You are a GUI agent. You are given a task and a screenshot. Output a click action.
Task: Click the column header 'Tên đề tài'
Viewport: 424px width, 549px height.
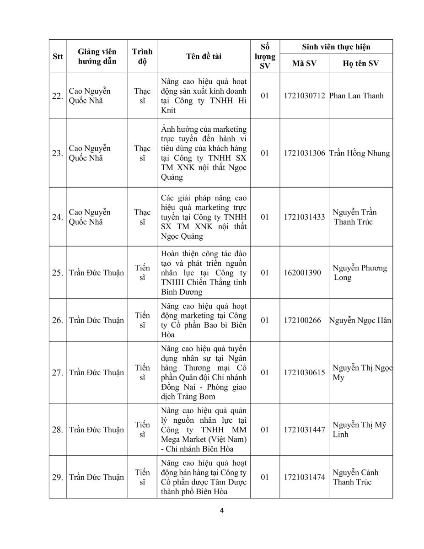coord(204,56)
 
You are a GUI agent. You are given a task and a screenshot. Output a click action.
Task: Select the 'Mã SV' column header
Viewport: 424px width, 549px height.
coord(304,64)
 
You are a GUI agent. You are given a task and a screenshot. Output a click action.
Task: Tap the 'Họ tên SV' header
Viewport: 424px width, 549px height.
coord(360,64)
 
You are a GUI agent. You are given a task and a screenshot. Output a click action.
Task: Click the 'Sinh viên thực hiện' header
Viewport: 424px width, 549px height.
coord(336,47)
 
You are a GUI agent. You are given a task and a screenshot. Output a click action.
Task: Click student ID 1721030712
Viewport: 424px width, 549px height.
coord(304,96)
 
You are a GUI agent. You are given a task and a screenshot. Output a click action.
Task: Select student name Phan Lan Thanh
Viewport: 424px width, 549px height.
coord(356,96)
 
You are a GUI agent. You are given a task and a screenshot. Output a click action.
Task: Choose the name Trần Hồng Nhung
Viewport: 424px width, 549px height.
coord(360,153)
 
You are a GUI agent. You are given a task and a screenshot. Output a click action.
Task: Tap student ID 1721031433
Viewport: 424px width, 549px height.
coord(304,217)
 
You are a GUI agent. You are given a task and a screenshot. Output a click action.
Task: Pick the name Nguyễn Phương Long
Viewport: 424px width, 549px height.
coord(360,273)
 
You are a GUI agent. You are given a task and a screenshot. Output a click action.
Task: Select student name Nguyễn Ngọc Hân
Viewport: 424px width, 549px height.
coord(360,320)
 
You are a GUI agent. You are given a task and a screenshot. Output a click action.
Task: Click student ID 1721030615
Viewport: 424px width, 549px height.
coord(304,373)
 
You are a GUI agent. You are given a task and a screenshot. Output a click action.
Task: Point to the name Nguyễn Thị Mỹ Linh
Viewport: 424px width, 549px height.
coord(360,430)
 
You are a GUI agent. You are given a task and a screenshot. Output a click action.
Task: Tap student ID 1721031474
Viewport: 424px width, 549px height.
coord(304,477)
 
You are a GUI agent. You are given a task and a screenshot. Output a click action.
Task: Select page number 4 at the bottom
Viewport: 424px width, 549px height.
coord(221,511)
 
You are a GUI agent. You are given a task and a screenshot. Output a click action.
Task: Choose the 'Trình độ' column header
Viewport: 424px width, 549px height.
coord(142,56)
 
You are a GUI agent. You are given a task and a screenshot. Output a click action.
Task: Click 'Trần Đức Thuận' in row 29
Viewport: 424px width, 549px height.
coord(96,477)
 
